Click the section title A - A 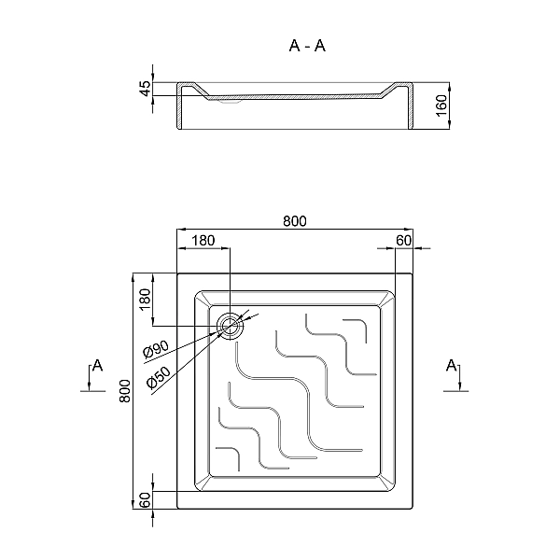(307, 46)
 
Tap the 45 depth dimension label (146, 89)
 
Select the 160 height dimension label (441, 105)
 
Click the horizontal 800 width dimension (295, 221)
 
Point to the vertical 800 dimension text (125, 391)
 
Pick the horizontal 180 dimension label (203, 241)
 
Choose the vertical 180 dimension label (146, 300)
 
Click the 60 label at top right (403, 241)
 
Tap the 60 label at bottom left (146, 500)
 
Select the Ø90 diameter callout (156, 349)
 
